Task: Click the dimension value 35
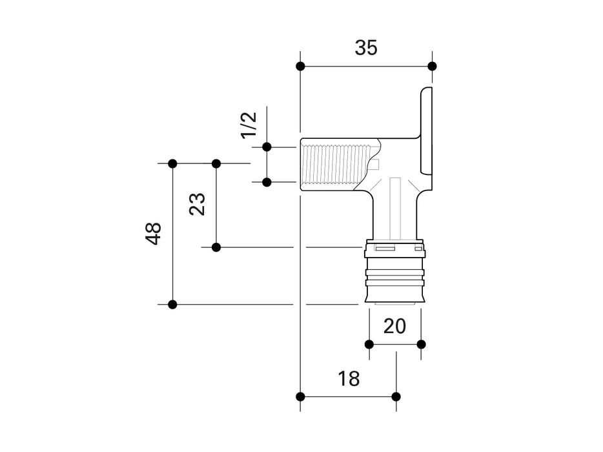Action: (x=366, y=48)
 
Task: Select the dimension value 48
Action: (x=154, y=233)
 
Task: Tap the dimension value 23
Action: (x=198, y=205)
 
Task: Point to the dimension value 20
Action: (x=394, y=326)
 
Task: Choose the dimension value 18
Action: (x=349, y=379)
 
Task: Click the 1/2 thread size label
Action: (x=249, y=124)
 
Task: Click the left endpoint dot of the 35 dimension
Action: (x=300, y=66)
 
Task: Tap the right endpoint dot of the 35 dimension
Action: (x=432, y=66)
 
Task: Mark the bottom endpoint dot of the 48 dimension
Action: (x=172, y=304)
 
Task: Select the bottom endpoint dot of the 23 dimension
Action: (x=216, y=247)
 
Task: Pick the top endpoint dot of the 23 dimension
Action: (x=216, y=163)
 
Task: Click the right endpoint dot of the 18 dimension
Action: (x=396, y=396)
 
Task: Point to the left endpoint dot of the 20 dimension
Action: (x=369, y=344)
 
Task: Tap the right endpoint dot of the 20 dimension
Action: (x=421, y=344)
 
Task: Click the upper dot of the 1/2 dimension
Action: (x=266, y=147)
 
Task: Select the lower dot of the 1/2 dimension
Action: (x=266, y=182)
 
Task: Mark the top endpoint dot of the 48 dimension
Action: (x=172, y=163)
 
